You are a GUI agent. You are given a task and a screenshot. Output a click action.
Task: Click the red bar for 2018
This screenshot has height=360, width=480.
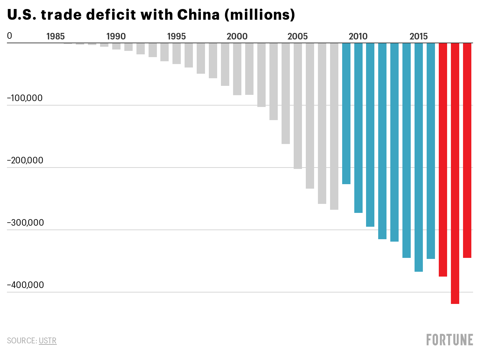pos(455,173)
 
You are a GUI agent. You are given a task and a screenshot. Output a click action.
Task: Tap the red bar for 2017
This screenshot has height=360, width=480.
pos(443,160)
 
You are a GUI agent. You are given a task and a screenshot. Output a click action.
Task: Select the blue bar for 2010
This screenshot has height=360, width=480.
pos(358,128)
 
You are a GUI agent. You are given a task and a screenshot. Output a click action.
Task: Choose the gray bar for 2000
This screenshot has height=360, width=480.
pos(237,69)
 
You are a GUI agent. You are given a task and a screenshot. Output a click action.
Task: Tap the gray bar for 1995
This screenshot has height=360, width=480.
pos(177,54)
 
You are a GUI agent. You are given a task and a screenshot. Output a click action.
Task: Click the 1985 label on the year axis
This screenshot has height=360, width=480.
pos(55,36)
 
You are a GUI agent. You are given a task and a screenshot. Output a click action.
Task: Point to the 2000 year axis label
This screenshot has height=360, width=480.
pos(237,36)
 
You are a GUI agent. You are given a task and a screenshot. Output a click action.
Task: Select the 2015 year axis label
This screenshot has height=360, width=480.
pos(418,36)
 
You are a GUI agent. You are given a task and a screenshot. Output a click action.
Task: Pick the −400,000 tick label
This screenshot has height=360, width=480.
pos(26,285)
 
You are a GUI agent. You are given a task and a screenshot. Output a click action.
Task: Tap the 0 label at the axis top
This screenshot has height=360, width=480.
pos(9,36)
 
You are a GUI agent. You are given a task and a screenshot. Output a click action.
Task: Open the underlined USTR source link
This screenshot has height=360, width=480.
pos(47,341)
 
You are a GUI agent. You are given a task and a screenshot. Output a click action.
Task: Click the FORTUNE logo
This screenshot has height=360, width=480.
pos(450,340)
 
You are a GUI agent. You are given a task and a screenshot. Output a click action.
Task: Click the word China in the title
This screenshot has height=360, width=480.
pos(198,15)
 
